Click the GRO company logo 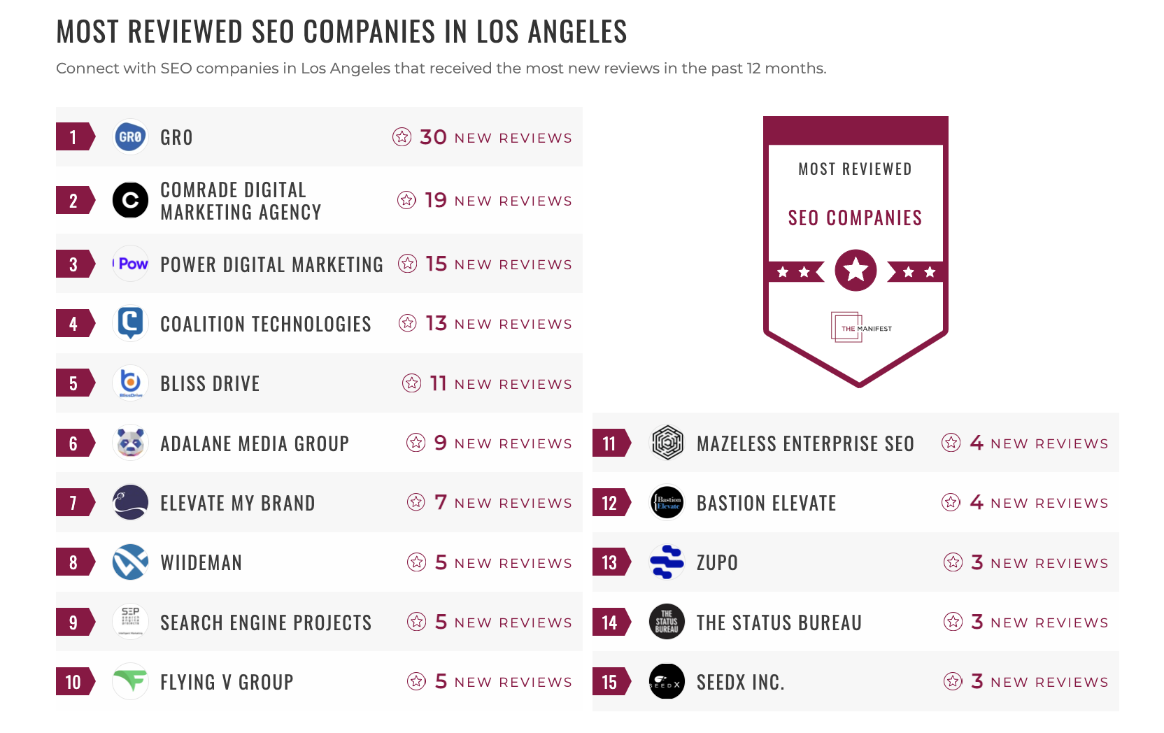pyautogui.click(x=130, y=137)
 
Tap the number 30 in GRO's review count pyautogui.click(x=433, y=137)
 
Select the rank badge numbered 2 pyautogui.click(x=74, y=201)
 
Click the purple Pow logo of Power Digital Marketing pyautogui.click(x=131, y=264)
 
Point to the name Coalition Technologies pyautogui.click(x=265, y=324)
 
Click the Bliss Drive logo pyautogui.click(x=130, y=383)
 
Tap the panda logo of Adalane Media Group pyautogui.click(x=130, y=443)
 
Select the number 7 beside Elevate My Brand pyautogui.click(x=440, y=502)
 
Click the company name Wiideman pyautogui.click(x=201, y=562)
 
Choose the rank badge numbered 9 pyautogui.click(x=74, y=622)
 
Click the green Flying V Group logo pyautogui.click(x=130, y=681)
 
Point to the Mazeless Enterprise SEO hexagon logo pyautogui.click(x=667, y=443)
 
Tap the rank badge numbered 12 pyautogui.click(x=610, y=503)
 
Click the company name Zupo pyautogui.click(x=717, y=562)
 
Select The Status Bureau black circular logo pyautogui.click(x=667, y=621)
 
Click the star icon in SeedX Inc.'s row pyautogui.click(x=953, y=681)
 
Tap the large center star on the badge pyautogui.click(x=856, y=270)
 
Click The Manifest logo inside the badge pyautogui.click(x=860, y=327)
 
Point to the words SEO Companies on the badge pyautogui.click(x=855, y=218)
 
